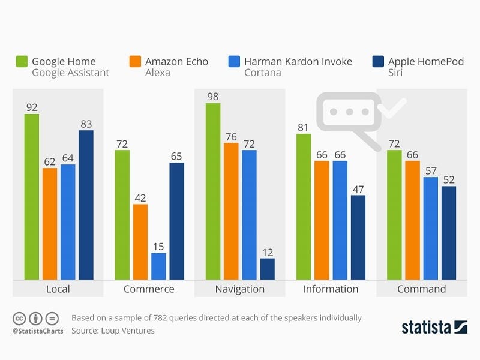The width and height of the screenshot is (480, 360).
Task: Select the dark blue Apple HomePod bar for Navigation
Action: click(267, 269)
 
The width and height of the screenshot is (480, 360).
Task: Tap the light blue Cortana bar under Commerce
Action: click(158, 266)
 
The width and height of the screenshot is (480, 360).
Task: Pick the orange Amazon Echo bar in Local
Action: click(50, 223)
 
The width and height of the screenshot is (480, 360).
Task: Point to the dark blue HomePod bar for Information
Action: click(358, 237)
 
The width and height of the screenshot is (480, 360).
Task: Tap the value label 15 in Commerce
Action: click(158, 247)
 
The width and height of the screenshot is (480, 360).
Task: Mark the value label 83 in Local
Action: click(86, 124)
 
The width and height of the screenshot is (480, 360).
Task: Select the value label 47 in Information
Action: click(358, 189)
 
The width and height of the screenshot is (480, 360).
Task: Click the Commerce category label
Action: click(149, 289)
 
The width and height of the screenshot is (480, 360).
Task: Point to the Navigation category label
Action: click(240, 289)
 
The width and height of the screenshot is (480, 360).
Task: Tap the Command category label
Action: click(421, 289)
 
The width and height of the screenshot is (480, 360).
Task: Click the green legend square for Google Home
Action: click(22, 62)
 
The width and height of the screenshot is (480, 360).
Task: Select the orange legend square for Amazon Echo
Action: click(135, 62)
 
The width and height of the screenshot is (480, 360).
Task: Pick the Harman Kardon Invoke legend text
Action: click(298, 61)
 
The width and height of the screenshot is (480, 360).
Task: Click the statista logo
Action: click(434, 327)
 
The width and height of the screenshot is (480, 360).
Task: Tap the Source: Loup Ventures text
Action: click(113, 331)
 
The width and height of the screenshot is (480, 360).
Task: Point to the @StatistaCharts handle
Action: click(38, 331)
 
